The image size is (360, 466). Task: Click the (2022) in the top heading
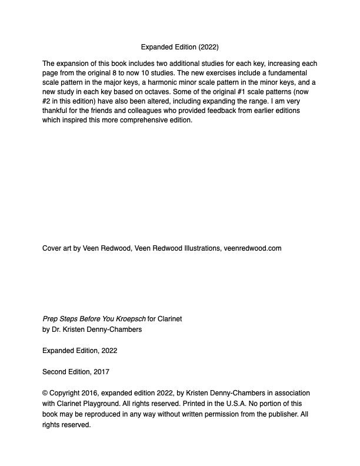coord(208,47)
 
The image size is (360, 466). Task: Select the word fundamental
coord(284,73)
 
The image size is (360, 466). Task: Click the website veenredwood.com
coord(252,248)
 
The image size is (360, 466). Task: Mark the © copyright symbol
coord(45,393)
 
